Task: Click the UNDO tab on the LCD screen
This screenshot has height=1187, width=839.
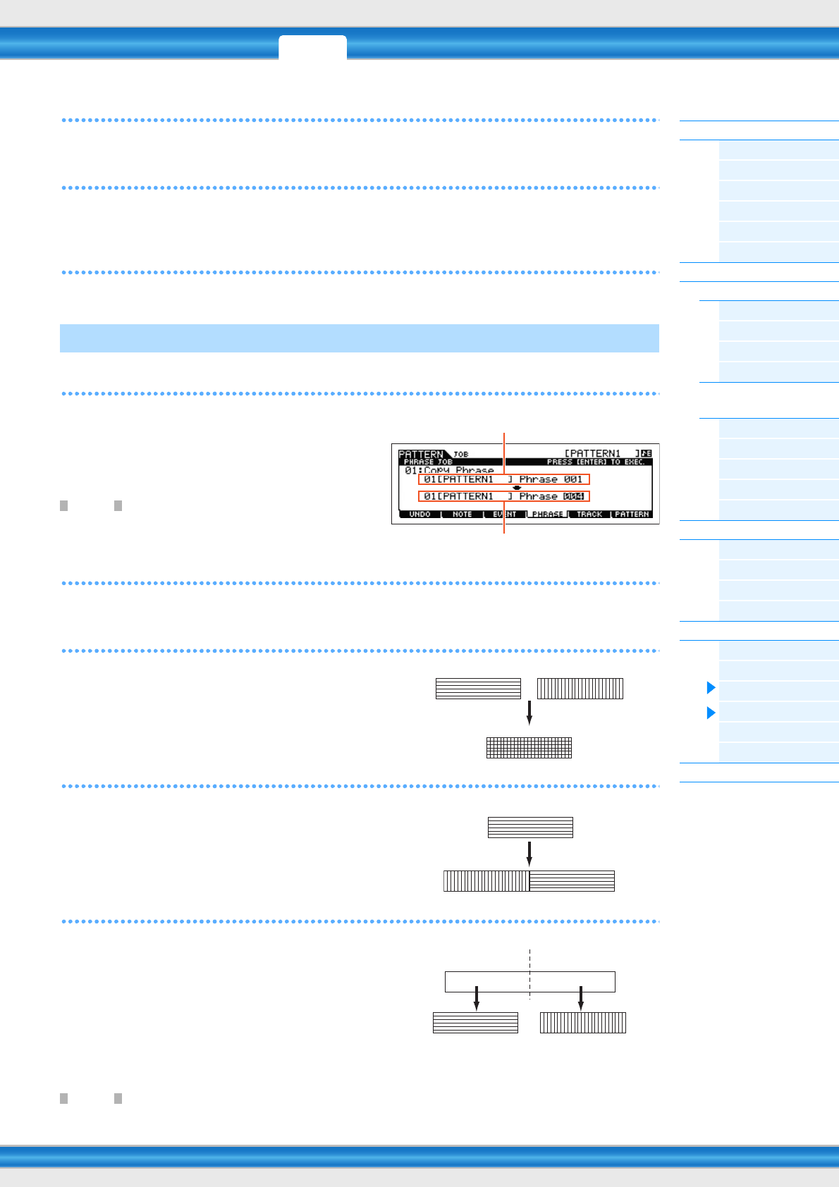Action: pos(420,515)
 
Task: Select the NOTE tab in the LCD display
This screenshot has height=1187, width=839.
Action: pos(463,515)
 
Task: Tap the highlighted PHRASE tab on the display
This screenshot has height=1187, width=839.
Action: pos(547,515)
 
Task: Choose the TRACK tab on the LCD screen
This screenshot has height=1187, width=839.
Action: pos(589,515)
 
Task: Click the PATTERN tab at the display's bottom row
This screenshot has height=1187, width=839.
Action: pos(632,515)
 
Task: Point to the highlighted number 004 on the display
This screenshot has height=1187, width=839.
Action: pos(574,496)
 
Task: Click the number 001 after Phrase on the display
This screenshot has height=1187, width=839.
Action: pos(573,479)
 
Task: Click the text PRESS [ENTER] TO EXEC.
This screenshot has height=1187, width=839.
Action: pos(596,462)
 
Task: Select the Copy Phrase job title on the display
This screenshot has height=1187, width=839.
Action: pos(458,470)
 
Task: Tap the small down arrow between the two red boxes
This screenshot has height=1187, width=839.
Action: pos(517,488)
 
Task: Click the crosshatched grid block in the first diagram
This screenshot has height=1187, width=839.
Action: pos(529,748)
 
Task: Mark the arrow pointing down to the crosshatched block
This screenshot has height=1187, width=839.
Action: pos(529,713)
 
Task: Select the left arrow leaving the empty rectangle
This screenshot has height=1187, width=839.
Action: pos(477,998)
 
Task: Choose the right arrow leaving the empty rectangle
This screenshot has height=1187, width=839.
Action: pos(581,998)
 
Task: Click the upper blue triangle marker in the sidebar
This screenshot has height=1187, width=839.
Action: pos(711,687)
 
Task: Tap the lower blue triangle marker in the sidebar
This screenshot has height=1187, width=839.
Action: pos(711,713)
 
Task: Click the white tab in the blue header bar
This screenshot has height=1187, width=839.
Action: pos(312,47)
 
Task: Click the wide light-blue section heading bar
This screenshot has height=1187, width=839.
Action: pos(360,338)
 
